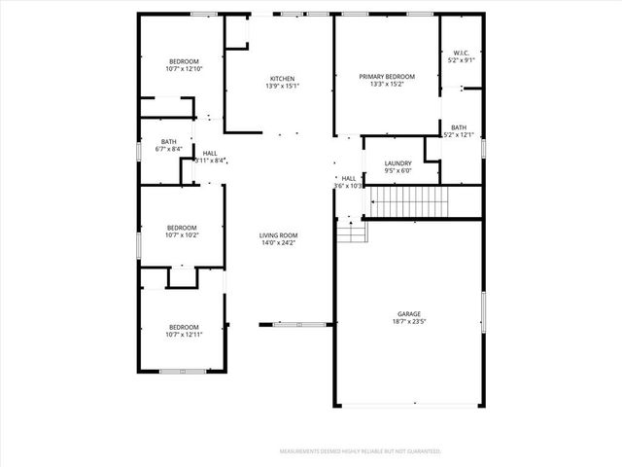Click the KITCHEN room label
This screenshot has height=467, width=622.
coord(282,79)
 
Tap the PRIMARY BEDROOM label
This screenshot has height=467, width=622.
coord(387,77)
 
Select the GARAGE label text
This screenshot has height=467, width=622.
coord(408,313)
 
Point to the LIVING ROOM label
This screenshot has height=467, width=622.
coord(278,235)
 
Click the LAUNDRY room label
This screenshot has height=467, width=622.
coord(398,163)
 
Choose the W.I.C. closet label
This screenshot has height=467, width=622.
coord(462,53)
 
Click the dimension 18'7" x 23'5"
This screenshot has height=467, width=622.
coord(408,321)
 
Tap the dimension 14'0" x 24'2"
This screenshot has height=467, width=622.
coord(278,243)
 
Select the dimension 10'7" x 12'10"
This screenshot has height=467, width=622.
coord(184,69)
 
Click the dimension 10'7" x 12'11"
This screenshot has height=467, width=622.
coord(184,335)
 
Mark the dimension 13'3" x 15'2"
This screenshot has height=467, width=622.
coord(387,85)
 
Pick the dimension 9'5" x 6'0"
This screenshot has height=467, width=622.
coord(398,171)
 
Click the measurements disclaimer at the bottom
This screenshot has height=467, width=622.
coord(361,451)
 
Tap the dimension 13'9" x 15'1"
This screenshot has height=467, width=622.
coord(282,87)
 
